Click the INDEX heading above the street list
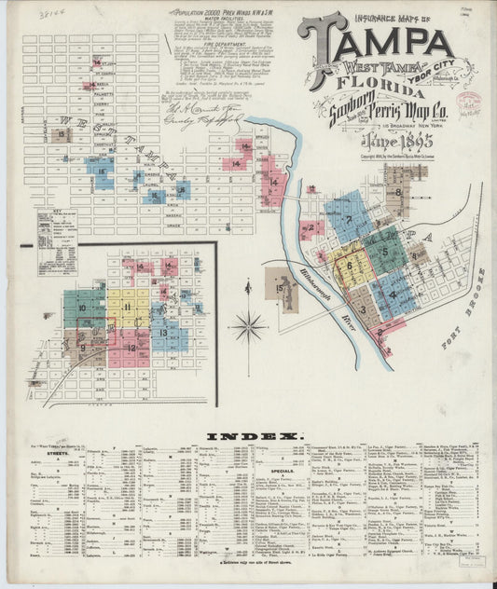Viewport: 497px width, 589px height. coord(255,436)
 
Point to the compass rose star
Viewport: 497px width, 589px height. coord(248,327)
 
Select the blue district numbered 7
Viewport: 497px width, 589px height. coord(344,220)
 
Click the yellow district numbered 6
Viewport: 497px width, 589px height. coord(349,265)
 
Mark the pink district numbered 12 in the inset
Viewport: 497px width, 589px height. coord(130,347)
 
